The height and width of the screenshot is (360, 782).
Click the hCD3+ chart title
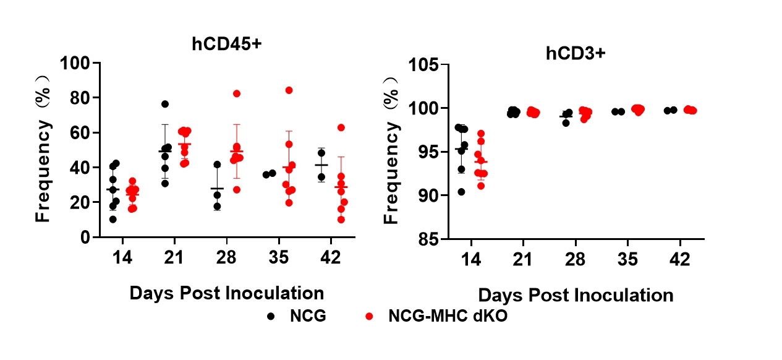click(575, 53)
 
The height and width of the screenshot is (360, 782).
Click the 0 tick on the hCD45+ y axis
click(86, 237)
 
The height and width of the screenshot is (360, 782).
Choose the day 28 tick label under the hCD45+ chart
click(226, 258)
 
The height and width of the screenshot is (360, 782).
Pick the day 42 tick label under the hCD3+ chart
click(681, 259)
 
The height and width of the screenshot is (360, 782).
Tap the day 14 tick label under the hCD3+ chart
click(472, 259)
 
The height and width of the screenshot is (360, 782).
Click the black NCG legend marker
click(271, 316)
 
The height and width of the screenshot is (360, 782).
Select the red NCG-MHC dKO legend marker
click(368, 316)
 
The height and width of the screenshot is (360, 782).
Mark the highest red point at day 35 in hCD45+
click(288, 90)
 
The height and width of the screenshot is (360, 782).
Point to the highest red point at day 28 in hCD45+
click(236, 93)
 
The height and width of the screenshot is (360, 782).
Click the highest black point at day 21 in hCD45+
click(165, 104)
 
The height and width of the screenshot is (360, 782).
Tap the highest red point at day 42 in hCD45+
click(341, 127)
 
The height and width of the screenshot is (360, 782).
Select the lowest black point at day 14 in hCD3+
click(461, 192)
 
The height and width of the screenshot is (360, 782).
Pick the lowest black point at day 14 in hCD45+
click(113, 219)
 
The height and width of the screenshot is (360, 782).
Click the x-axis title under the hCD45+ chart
click(226, 293)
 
